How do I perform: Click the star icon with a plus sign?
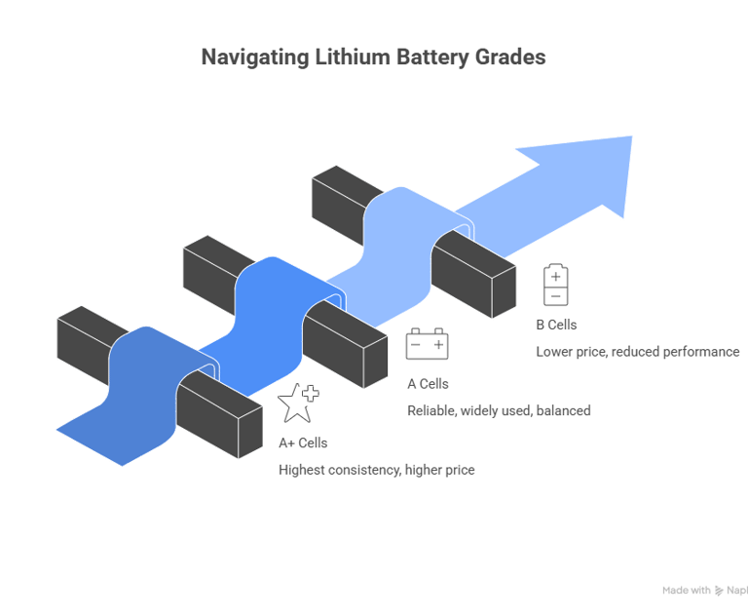(x=297, y=402)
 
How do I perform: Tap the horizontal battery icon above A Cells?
(x=427, y=344)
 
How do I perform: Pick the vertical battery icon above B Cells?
(x=555, y=285)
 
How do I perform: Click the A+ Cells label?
(x=303, y=442)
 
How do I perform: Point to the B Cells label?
(x=556, y=325)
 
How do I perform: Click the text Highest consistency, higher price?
(x=376, y=470)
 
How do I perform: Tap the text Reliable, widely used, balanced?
(x=499, y=410)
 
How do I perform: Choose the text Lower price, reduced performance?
(x=637, y=351)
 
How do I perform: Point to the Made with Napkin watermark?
(x=703, y=590)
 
